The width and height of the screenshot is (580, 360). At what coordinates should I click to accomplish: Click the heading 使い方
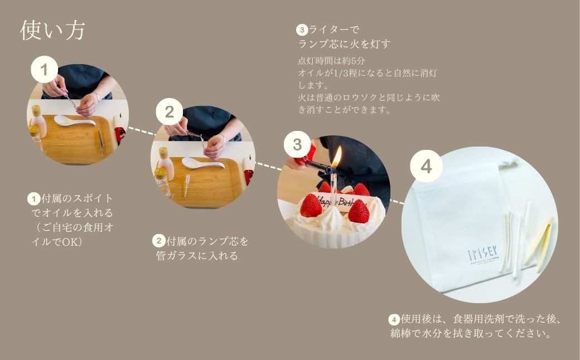(52, 31)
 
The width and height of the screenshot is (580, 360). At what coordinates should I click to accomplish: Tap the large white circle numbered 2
(169, 113)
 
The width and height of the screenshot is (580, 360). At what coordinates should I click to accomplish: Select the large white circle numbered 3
(297, 145)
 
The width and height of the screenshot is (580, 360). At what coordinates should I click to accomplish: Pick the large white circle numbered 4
(426, 166)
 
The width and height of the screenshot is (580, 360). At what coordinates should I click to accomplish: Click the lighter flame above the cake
(337, 156)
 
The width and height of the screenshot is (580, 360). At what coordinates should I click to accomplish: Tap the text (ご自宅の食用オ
(72, 227)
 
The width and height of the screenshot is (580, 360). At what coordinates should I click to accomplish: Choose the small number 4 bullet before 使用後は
(394, 320)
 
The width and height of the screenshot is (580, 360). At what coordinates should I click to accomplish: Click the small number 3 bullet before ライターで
(302, 29)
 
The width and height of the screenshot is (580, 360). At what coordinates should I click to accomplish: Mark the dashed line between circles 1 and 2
(140, 132)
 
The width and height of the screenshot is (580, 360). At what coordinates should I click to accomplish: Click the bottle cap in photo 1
(36, 110)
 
